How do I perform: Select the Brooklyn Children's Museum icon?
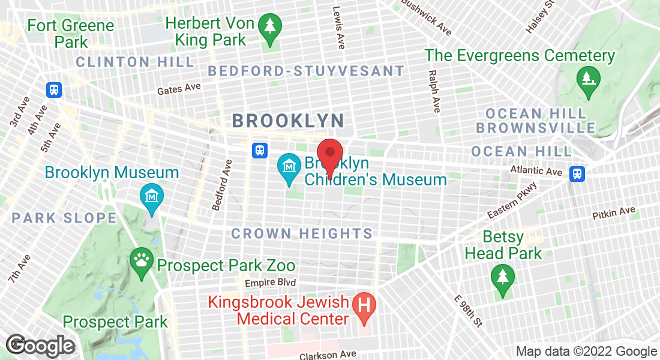[289, 163]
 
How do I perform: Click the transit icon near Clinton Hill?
[54, 89]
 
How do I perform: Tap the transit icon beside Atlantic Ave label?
[577, 173]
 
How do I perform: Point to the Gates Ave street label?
[179, 89]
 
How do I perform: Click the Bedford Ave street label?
[222, 185]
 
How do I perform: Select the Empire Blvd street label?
[271, 283]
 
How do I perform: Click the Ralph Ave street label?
[434, 91]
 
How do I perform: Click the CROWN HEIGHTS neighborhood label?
[302, 233]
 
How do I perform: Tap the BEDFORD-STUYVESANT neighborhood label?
[306, 71]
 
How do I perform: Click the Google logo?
[41, 346]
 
